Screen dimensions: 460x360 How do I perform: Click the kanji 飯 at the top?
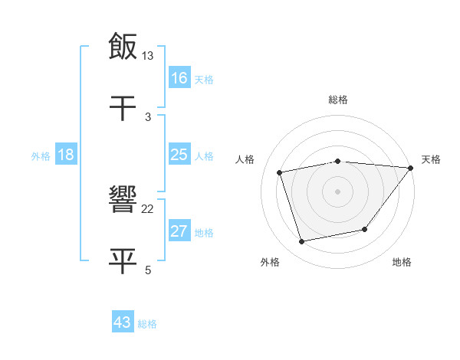pos(123,46)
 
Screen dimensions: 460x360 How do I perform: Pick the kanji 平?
pos(123,260)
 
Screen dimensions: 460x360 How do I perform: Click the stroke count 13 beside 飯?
pos(148,55)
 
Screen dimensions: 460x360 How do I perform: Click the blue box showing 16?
pos(179,78)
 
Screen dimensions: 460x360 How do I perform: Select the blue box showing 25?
pos(179,155)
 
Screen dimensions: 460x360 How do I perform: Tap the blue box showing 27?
pos(179,231)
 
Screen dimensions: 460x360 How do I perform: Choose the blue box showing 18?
pos(66,155)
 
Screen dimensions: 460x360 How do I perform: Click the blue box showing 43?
pos(123,322)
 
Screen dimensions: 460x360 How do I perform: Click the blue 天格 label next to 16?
pos(204,80)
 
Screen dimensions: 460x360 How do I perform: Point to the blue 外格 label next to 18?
pos(41,156)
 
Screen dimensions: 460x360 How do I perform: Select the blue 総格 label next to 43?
pos(147,324)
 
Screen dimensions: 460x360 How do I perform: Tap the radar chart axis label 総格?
pos(337,100)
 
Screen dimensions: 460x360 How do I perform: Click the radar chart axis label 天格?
pos(431,159)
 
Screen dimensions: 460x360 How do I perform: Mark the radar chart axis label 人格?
pos(245,159)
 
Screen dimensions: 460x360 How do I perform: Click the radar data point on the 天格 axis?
pos(411,168)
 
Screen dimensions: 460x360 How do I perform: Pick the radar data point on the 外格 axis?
pos(302,241)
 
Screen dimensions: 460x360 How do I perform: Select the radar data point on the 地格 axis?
pos(365,229)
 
